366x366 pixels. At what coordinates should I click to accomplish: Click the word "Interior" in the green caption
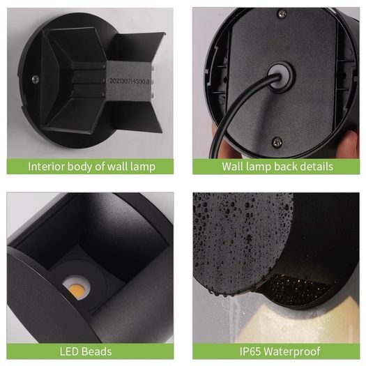pos(46,167)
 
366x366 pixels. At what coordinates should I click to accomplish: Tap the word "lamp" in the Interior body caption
pos(143,167)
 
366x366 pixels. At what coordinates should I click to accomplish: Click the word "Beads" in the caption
pos(97,351)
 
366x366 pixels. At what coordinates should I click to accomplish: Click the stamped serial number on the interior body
pos(129,82)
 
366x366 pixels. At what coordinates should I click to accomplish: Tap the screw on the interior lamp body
pos(36,79)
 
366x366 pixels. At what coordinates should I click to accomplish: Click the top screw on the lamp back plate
pos(282,13)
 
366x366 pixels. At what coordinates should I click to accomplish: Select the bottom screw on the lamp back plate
pos(277,142)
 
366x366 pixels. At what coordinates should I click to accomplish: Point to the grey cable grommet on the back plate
pos(280,77)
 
